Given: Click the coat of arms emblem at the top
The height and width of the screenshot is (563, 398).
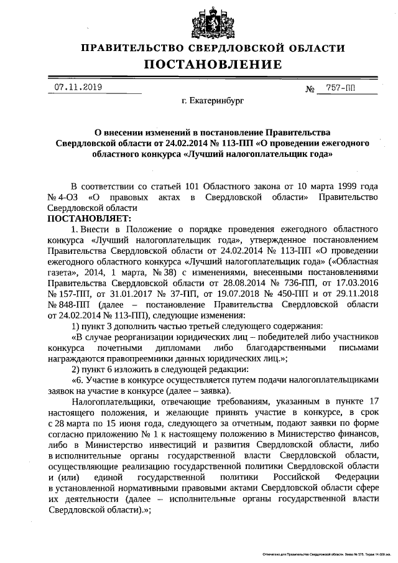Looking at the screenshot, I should pos(213,21).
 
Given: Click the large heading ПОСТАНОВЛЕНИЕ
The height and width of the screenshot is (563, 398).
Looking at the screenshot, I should pos(213,65).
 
